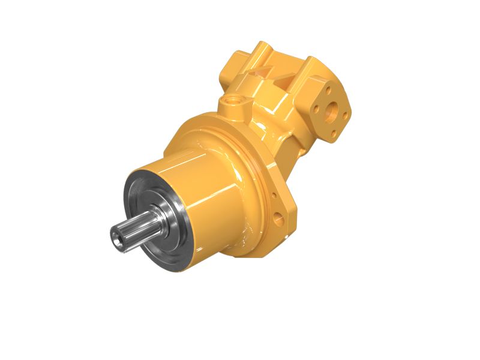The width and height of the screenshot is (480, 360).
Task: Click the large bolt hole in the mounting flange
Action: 280,217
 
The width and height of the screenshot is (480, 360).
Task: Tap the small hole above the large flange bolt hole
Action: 274,196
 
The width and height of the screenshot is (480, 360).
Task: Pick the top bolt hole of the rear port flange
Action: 329,89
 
